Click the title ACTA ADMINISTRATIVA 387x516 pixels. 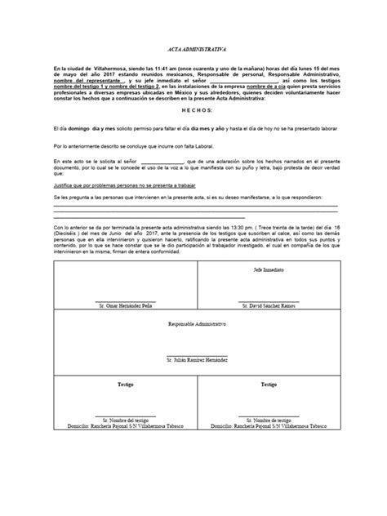193,49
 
